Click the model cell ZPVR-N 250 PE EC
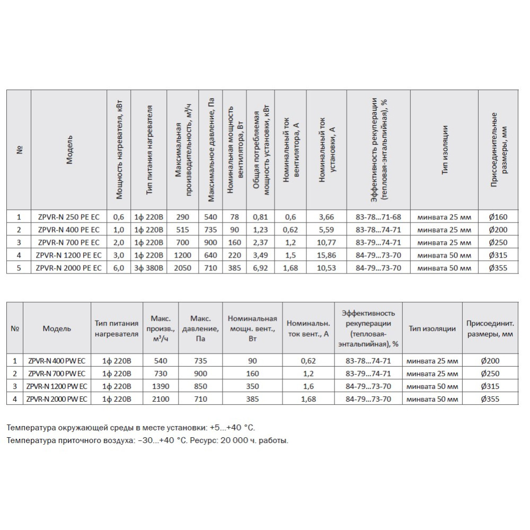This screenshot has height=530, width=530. point(68,217)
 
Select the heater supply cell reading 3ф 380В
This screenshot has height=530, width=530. point(148,268)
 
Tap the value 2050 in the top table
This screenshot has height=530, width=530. point(182,268)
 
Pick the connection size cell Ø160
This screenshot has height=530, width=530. point(496,217)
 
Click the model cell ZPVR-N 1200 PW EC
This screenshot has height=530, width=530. point(57,386)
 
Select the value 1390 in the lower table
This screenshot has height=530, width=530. point(160,386)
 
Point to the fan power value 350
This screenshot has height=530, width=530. point(252,386)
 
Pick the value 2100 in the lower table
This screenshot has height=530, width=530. point(160,399)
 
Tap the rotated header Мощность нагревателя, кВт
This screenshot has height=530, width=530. point(119,151)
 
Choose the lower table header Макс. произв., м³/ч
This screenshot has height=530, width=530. point(160,329)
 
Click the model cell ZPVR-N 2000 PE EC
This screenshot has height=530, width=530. point(68,268)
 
